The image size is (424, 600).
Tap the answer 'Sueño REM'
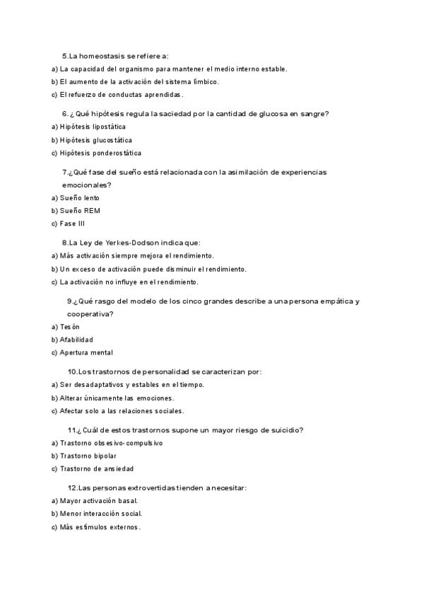point(80,211)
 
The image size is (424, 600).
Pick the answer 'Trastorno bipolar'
point(88,456)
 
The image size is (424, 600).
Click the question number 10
point(71,371)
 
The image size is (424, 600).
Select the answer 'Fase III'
point(73,224)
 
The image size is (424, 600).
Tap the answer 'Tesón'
point(70,327)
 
